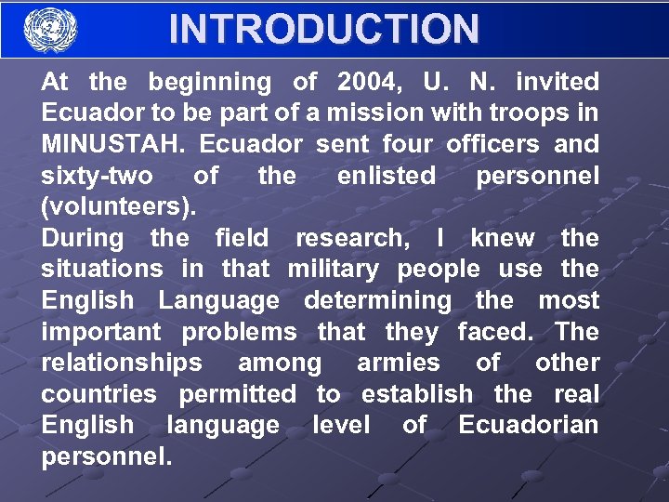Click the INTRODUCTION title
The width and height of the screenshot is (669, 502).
[323, 30]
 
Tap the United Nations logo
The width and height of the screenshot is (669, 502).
[50, 30]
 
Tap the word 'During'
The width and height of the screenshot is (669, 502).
[82, 238]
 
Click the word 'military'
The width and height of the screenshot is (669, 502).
[334, 270]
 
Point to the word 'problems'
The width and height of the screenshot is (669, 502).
[239, 332]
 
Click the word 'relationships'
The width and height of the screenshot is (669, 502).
[121, 363]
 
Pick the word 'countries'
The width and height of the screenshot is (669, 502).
[98, 394]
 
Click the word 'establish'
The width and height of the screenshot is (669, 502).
[416, 394]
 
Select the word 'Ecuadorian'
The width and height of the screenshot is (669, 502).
[529, 425]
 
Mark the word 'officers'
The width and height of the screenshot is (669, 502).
[492, 145]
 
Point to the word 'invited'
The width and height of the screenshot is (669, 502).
[557, 82]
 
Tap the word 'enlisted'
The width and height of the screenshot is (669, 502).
[386, 176]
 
